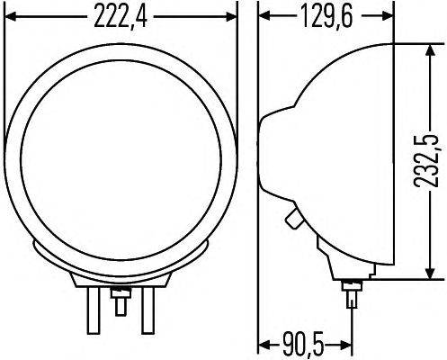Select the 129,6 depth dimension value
click(x=325, y=16)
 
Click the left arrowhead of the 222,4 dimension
click(x=10, y=15)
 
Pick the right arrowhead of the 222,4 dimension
click(x=232, y=15)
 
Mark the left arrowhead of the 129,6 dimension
click(x=264, y=15)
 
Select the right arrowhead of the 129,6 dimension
click(x=388, y=15)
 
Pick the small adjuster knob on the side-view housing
click(x=292, y=220)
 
